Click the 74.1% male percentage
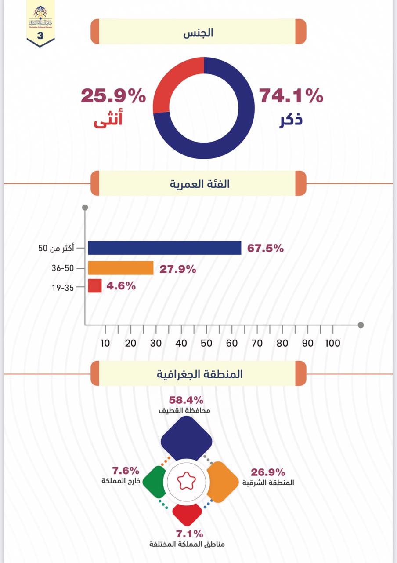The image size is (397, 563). click(x=291, y=96)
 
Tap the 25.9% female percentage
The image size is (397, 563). click(x=113, y=96)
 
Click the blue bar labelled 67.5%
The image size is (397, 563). click(x=165, y=248)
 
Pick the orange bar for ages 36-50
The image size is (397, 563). click(x=121, y=268)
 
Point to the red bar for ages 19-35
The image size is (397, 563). click(x=95, y=286)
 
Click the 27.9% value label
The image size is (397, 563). click(x=178, y=269)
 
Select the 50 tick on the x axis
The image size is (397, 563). click(x=206, y=343)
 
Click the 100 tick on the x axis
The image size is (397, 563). click(x=332, y=343)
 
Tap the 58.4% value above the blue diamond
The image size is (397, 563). click(x=186, y=400)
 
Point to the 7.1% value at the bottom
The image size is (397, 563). click(x=189, y=534)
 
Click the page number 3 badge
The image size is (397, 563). click(x=40, y=36)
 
